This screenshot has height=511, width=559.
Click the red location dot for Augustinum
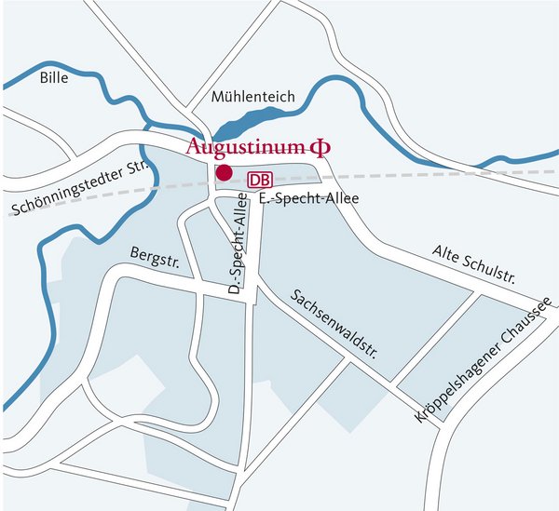click(x=224, y=172)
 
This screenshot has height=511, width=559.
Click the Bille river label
click(x=55, y=81)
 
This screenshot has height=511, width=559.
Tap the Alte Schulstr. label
click(x=475, y=264)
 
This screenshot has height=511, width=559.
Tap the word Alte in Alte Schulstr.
click(x=447, y=255)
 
